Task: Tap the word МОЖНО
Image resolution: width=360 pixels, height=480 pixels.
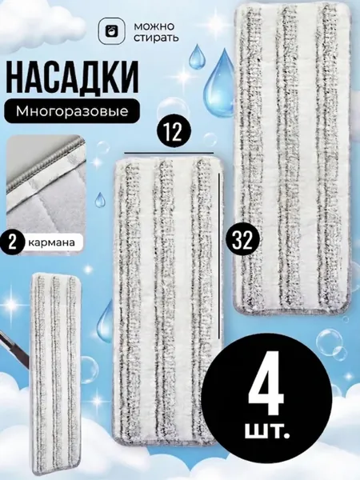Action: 154,26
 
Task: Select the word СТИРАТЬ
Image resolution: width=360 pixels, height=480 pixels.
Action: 156,38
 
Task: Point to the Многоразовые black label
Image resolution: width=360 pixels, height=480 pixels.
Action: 72,111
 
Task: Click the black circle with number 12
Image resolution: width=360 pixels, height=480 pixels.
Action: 174,133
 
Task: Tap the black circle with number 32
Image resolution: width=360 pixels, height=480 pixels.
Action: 244,240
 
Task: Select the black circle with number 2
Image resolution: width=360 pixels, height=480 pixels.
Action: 12,242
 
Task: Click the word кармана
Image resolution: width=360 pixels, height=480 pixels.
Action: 51,242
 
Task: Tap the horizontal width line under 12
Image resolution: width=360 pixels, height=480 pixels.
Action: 169,153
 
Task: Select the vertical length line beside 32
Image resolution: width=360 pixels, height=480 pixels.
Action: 219,256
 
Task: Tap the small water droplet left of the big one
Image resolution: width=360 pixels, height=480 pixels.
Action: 194,56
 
